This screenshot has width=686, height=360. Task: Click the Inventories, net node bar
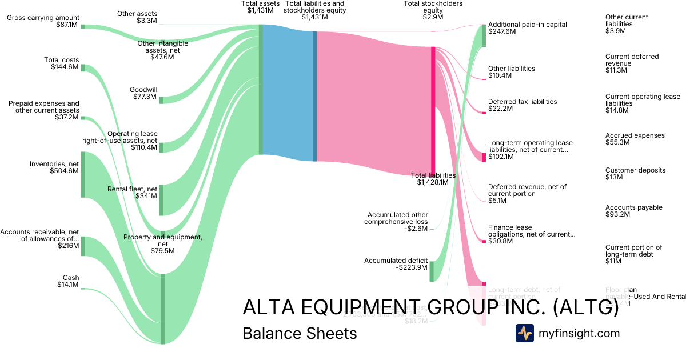click(x=83, y=174)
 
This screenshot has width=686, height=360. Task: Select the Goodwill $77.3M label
click(x=143, y=93)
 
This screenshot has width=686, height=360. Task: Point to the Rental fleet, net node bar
click(x=161, y=199)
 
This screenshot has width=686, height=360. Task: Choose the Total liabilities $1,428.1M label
click(x=433, y=179)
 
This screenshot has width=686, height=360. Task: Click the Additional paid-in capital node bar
click(x=484, y=35)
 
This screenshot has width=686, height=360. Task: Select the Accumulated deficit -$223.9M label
click(x=396, y=265)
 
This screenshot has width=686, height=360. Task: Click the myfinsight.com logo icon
click(x=524, y=333)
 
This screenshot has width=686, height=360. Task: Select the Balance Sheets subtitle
click(x=300, y=333)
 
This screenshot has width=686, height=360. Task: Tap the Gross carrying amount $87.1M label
click(x=43, y=22)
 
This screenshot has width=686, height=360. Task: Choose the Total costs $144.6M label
click(x=62, y=63)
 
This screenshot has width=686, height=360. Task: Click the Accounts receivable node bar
click(x=83, y=246)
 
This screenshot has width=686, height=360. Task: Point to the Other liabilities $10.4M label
click(x=511, y=72)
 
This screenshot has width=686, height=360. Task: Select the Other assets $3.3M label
click(x=137, y=17)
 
